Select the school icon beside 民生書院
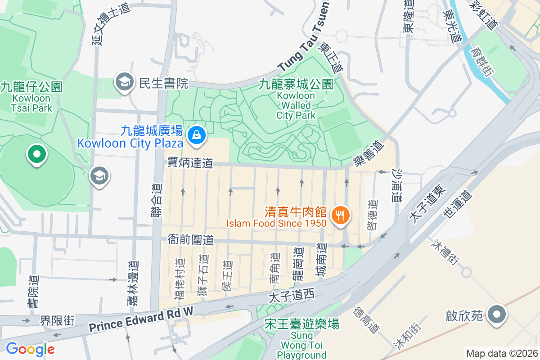point(123,82)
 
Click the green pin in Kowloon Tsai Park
point(37,154)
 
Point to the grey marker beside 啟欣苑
point(497,314)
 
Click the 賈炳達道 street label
point(190,162)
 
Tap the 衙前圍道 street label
point(191,239)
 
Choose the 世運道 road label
point(457,205)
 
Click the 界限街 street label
point(57,320)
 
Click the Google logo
point(30,349)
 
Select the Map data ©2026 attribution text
point(501,353)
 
